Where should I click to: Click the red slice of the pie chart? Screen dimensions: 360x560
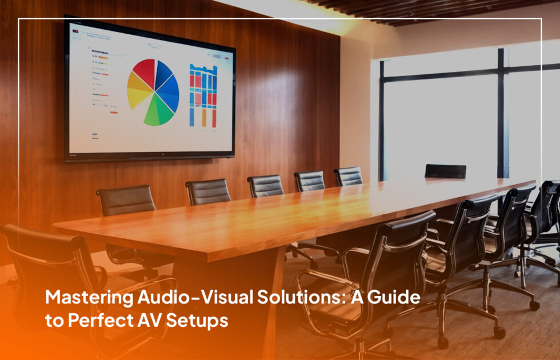[x=144, y=73]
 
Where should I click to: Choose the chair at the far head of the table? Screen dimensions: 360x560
[x=445, y=171]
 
